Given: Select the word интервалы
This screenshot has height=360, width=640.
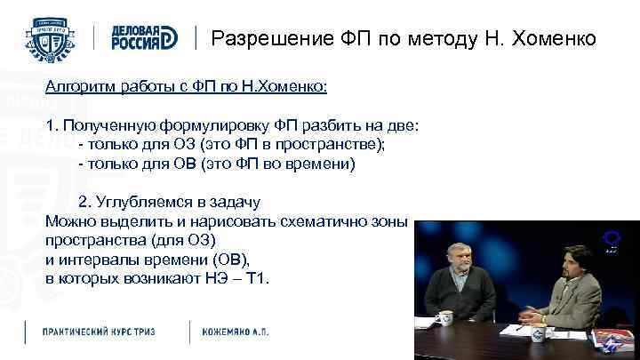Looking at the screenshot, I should pyautogui.click(x=97, y=260).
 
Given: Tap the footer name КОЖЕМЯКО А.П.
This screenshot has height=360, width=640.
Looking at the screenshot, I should pyautogui.click(x=235, y=332).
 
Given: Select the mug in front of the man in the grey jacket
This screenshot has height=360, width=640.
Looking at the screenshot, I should pyautogui.click(x=538, y=331).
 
